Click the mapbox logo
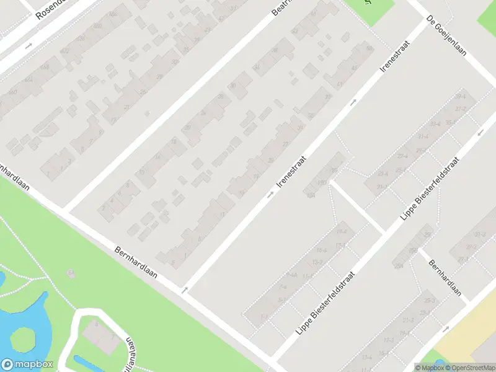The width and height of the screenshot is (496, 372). [27, 365]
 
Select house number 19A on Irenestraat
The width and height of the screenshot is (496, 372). [311, 197]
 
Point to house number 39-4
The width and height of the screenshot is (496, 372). [460, 97]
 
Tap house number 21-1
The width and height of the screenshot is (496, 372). [381, 187]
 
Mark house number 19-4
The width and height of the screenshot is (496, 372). [341, 231]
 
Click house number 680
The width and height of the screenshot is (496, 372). [97, 25]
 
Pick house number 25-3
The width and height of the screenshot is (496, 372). [429, 301]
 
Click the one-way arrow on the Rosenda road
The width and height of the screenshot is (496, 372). [29, 45]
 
